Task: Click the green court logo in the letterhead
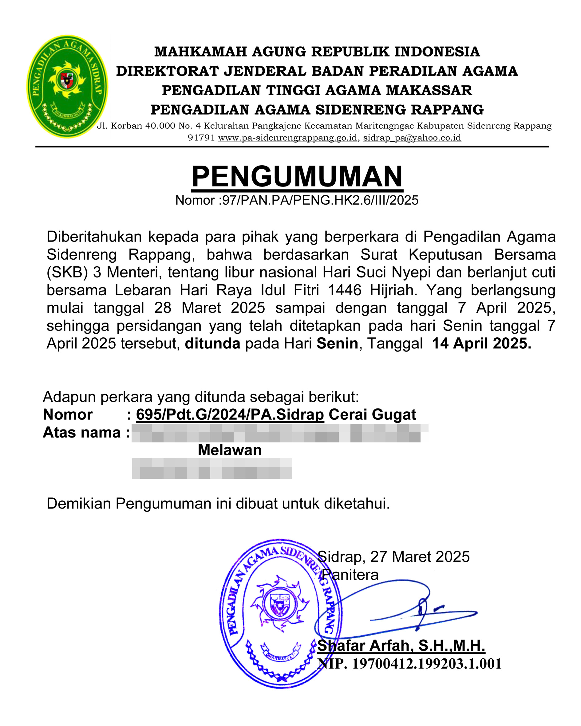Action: pyautogui.click(x=67, y=86)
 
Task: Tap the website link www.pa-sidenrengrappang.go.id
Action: pyautogui.click(x=288, y=138)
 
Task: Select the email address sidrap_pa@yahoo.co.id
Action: pyautogui.click(x=412, y=138)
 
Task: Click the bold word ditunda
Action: pyautogui.click(x=213, y=343)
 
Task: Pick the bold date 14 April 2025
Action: pyautogui.click(x=481, y=343)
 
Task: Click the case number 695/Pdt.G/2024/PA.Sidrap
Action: pyautogui.click(x=230, y=414)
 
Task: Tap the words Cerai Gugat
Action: pyautogui.click(x=372, y=414)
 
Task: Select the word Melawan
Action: pyautogui.click(x=230, y=450)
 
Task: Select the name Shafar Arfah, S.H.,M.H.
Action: pyautogui.click(x=401, y=646)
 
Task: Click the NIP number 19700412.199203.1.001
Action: pyautogui.click(x=427, y=664)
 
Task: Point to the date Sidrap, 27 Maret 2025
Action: pyautogui.click(x=393, y=557)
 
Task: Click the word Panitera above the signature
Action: pyautogui.click(x=350, y=575)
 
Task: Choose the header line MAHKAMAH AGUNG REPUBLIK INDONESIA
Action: pyautogui.click(x=317, y=52)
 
